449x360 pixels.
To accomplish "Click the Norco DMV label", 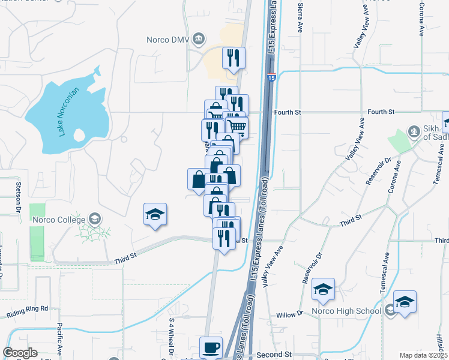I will point(168,40).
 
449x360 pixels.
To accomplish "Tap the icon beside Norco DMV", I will point(199,40).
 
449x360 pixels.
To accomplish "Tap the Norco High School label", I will point(346,311).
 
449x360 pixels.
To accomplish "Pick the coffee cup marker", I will point(211,347).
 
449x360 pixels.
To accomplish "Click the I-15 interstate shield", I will point(271,77).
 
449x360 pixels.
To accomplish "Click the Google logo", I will point(20,353).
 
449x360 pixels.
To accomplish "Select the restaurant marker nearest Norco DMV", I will point(234,58).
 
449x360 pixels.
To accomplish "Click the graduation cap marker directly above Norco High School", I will point(323,291).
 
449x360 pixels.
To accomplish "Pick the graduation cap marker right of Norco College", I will point(155,214).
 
